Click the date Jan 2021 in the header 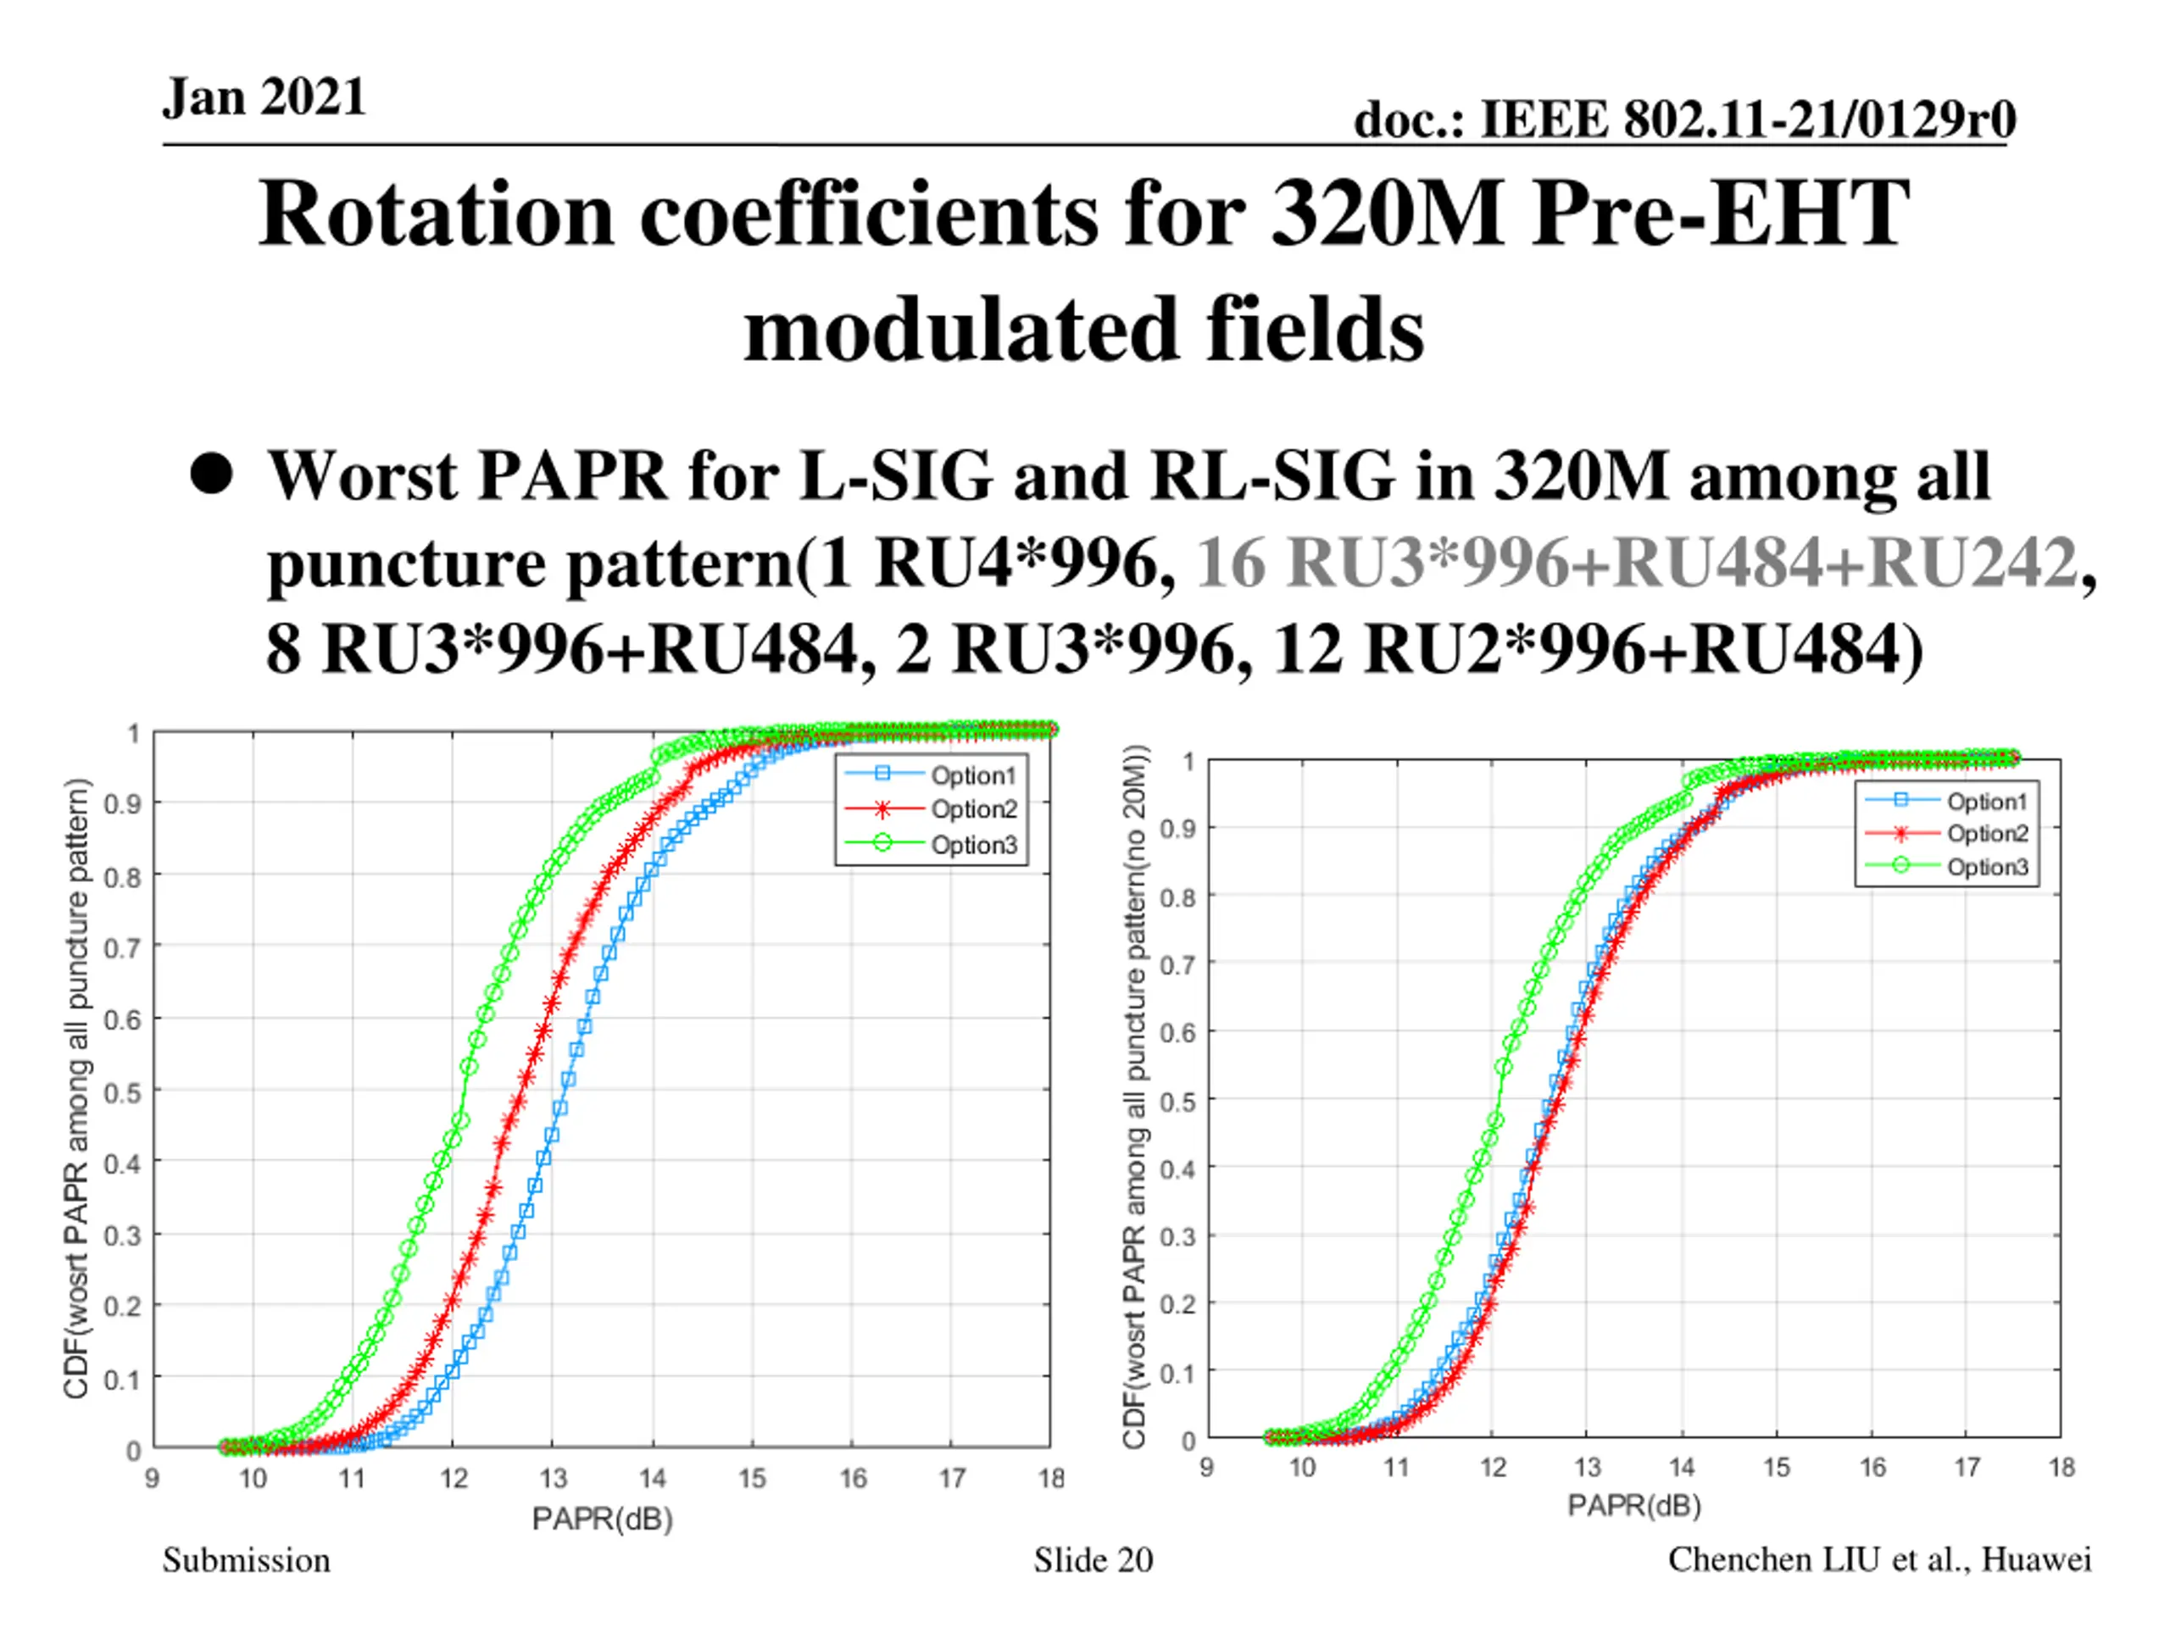pos(264,97)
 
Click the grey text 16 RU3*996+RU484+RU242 pos(1635,564)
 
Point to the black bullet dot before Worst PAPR pos(212,474)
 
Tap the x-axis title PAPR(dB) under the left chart pos(603,1519)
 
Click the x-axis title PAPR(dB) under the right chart pos(1633,1505)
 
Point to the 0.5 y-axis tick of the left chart pos(122,1092)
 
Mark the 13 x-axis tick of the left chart pos(553,1478)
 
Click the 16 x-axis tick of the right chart pos(1872,1467)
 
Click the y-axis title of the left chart pos(76,1089)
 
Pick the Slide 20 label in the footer pos(1093,1559)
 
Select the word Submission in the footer pos(246,1559)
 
